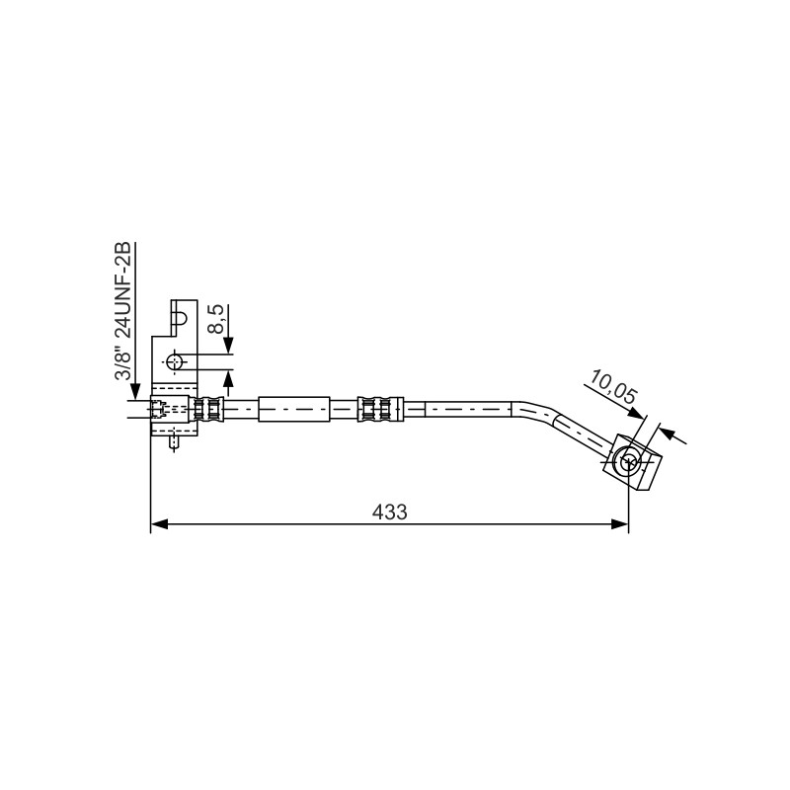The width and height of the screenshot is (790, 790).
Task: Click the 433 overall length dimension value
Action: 389,512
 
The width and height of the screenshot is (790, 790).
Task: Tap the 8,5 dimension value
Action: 217,319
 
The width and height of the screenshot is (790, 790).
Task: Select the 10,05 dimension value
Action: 612,387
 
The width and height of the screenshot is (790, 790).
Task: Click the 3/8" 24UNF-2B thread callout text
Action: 122,311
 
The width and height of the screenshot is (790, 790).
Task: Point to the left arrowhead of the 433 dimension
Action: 159,524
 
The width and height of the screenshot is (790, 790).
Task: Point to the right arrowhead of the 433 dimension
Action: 620,524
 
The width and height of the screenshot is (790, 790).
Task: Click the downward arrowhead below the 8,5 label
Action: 228,346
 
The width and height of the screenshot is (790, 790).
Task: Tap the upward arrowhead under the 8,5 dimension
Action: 228,378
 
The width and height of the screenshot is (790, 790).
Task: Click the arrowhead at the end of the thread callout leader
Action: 135,392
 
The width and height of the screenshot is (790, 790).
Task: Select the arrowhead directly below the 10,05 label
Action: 637,413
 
